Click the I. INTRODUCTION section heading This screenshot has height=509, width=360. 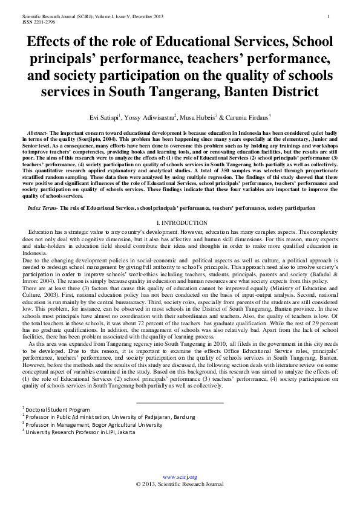tap(180, 222)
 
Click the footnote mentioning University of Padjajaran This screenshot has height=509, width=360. tap(110, 417)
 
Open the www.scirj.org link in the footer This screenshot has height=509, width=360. tap(180, 477)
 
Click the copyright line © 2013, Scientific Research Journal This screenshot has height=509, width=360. tap(180, 484)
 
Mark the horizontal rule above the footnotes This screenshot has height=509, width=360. tap(180, 402)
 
